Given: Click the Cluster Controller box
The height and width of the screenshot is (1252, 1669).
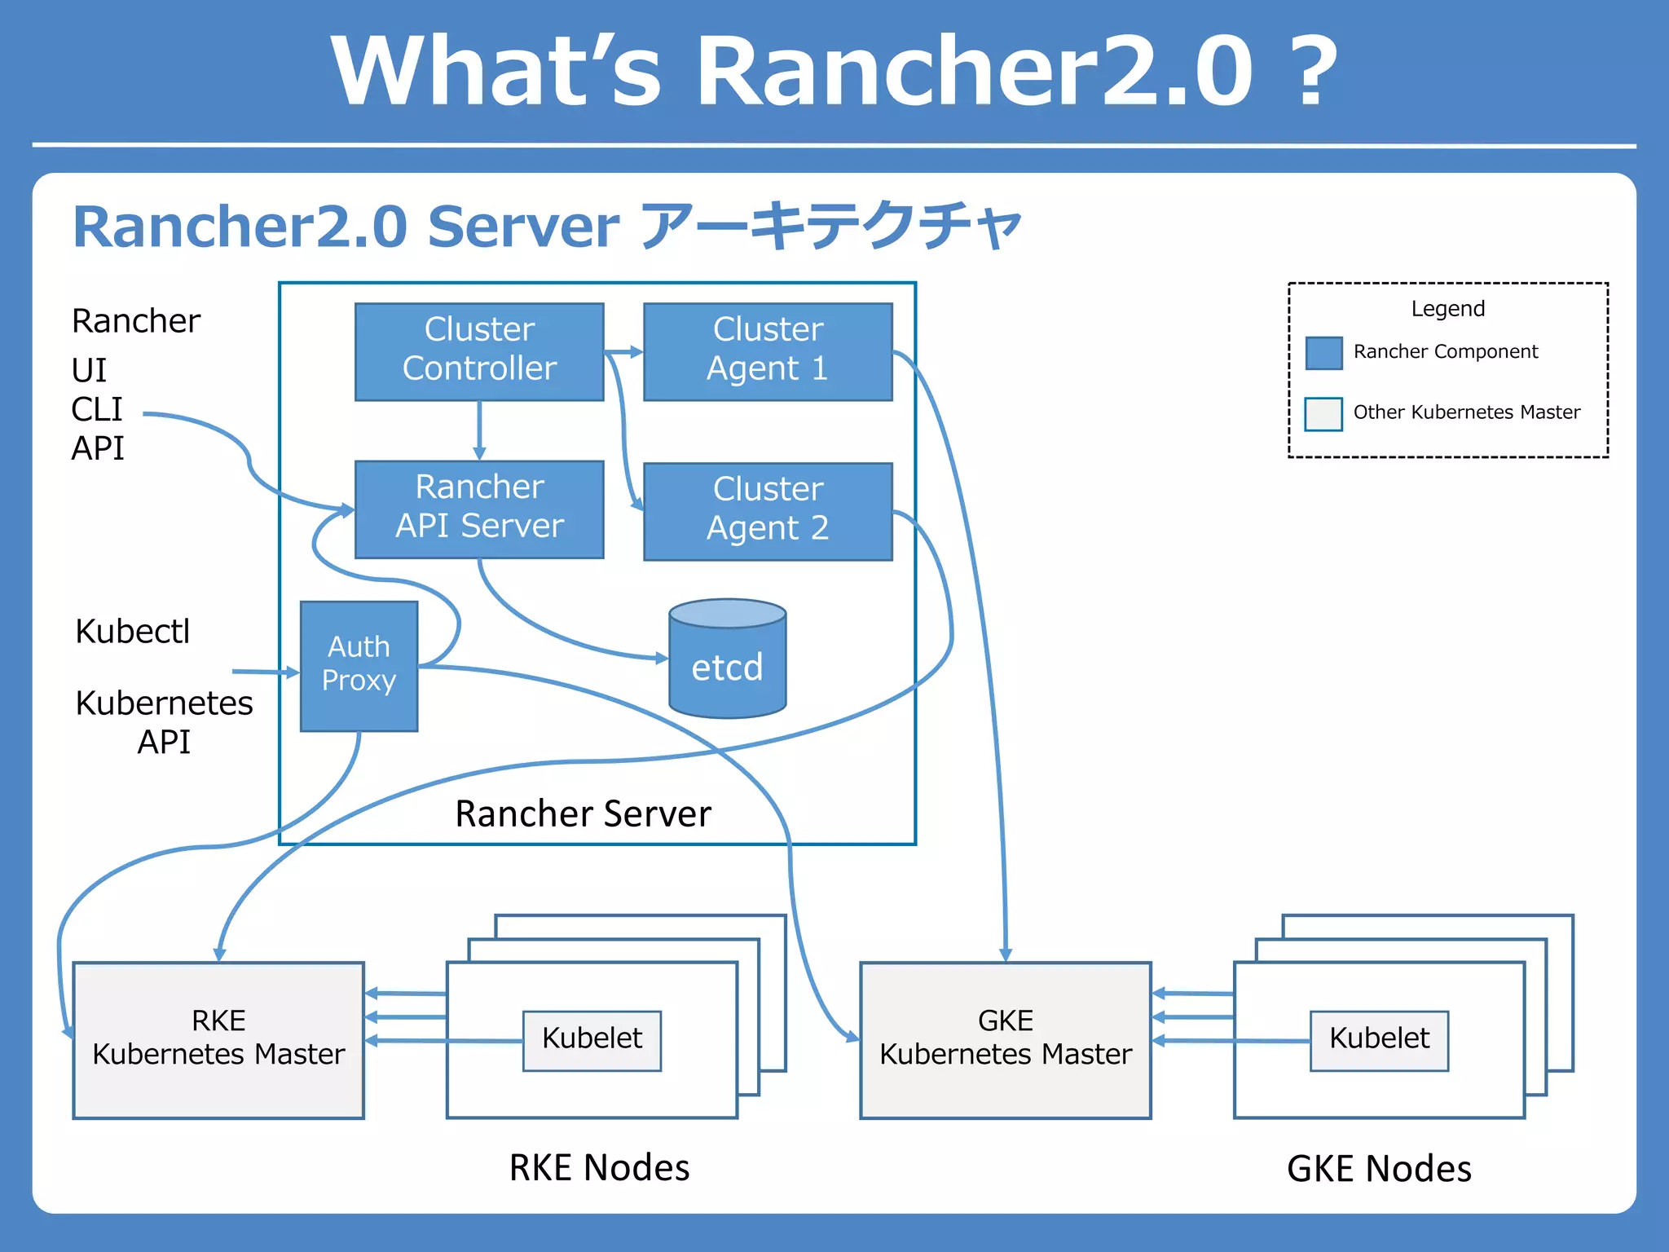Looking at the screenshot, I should coord(479,351).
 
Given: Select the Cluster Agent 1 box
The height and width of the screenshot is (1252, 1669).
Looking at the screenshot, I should coord(768,351).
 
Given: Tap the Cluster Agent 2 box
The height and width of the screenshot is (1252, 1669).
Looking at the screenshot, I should coord(768,511).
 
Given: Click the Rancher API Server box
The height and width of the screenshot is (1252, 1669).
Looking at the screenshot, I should coord(479,509).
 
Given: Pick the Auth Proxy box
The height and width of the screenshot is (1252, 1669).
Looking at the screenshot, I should coord(359,665).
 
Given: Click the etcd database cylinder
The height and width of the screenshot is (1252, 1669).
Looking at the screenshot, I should coord(727,660).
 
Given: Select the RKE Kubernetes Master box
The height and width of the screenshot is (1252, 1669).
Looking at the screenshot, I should coord(218,1039).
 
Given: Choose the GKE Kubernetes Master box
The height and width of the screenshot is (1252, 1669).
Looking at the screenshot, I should coord(1005,1039).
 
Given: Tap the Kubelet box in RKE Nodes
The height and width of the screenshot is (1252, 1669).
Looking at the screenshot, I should coord(592,1040).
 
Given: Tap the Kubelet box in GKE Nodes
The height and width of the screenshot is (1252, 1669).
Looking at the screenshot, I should coord(1379,1040).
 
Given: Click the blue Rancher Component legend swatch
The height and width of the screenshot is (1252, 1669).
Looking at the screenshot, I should coord(1323,353).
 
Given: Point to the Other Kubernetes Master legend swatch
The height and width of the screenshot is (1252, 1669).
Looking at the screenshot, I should coord(1323,413).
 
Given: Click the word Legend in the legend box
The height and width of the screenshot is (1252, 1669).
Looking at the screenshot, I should coord(1447,309).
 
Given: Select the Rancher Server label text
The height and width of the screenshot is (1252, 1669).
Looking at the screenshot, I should coord(583,813).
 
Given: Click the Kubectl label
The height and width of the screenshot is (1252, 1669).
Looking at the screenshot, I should coord(133,632).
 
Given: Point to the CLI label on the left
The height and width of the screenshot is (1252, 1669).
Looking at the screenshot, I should coord(97,409).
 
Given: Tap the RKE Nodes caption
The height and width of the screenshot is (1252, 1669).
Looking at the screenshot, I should coord(599,1167).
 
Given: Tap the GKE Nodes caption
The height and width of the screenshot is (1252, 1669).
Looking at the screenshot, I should coord(1379,1168).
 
